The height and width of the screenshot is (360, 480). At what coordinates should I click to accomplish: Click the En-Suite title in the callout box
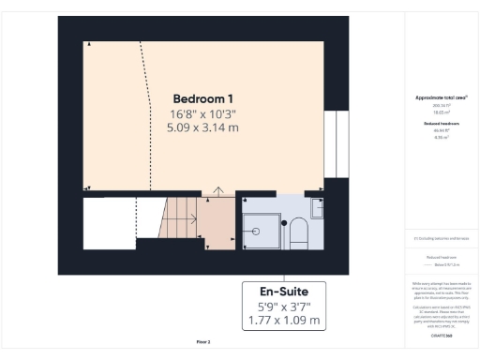tap(284, 291)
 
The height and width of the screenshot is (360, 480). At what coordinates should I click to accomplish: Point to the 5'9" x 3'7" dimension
tap(284, 306)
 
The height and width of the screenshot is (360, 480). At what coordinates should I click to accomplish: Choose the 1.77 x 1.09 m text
tap(284, 321)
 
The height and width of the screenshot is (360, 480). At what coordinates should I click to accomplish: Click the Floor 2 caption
tap(202, 342)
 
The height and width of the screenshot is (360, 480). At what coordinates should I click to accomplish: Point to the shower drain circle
tap(252, 231)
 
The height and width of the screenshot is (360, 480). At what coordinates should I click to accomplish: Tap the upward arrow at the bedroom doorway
tap(217, 193)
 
